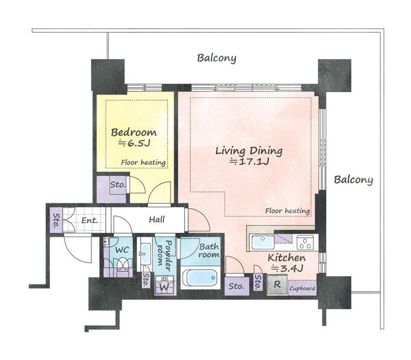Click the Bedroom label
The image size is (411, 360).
pyautogui.click(x=134, y=132)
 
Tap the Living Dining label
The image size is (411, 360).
pyautogui.click(x=249, y=151)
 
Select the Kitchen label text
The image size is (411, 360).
pyautogui.click(x=287, y=258)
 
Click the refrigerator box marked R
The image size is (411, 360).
pyautogui.click(x=277, y=285)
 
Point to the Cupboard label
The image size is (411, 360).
pyautogui.click(x=302, y=289)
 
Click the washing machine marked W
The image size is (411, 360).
pyautogui.click(x=164, y=285)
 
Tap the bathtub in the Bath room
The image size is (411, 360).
pyautogui.click(x=200, y=278)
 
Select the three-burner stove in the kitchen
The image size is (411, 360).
pyautogui.click(x=305, y=242)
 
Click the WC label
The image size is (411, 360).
pyautogui.click(x=122, y=250)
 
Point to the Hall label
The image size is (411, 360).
pyautogui.click(x=157, y=220)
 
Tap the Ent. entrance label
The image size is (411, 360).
pyautogui.click(x=89, y=220)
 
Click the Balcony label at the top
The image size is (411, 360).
pyautogui.click(x=216, y=58)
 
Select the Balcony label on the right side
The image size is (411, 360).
pyautogui.click(x=353, y=180)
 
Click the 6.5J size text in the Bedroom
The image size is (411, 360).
pyautogui.click(x=134, y=143)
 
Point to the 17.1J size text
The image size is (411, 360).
pyautogui.click(x=249, y=162)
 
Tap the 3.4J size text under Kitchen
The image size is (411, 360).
pyautogui.click(x=287, y=268)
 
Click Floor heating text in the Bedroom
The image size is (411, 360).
pyautogui.click(x=143, y=163)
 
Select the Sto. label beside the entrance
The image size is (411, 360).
pyautogui.click(x=57, y=221)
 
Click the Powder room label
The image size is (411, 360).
pyautogui.click(x=164, y=255)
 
